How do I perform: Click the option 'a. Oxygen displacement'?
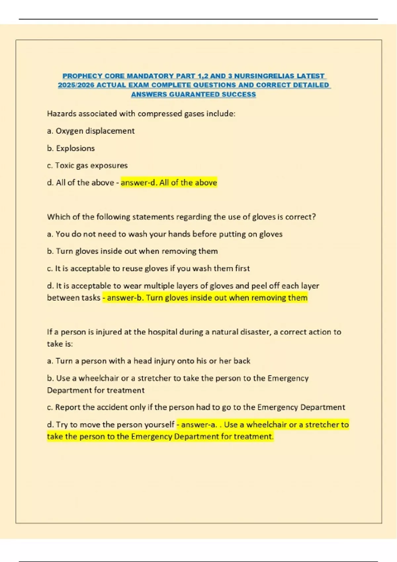pyautogui.click(x=91, y=131)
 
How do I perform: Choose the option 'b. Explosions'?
pyautogui.click(x=71, y=148)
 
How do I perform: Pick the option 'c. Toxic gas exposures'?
pyautogui.click(x=87, y=165)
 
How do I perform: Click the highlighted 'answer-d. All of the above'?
pyautogui.click(x=169, y=182)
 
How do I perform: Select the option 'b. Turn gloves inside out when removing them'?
pyautogui.click(x=132, y=251)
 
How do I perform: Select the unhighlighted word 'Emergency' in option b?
pyautogui.click(x=288, y=378)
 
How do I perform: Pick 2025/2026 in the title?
pyautogui.click(x=76, y=85)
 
